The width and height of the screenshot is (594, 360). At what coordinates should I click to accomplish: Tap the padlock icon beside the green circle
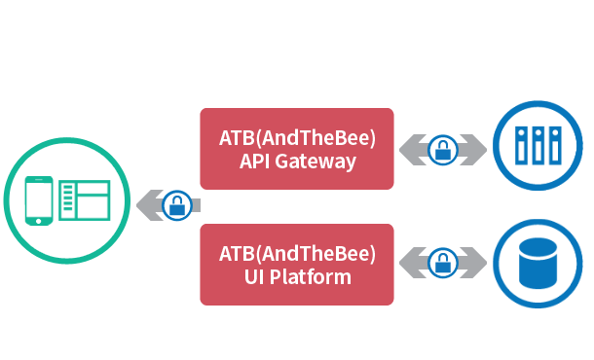tap(176, 205)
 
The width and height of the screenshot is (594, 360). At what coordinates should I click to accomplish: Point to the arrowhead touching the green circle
tap(137, 205)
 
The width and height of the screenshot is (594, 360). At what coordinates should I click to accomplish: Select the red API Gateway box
tap(297, 148)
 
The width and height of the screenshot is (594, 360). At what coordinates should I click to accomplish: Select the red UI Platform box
tap(297, 265)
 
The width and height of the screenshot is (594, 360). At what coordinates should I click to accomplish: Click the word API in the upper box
tap(256, 162)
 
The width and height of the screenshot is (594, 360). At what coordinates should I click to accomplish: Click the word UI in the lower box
tap(256, 277)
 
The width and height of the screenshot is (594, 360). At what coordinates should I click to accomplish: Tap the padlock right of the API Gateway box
tap(443, 150)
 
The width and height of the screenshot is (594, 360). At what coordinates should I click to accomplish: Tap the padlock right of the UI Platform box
tap(443, 263)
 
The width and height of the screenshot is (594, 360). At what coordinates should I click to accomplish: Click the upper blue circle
tap(538, 147)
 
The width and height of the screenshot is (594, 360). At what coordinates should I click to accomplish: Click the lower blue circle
tap(538, 263)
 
